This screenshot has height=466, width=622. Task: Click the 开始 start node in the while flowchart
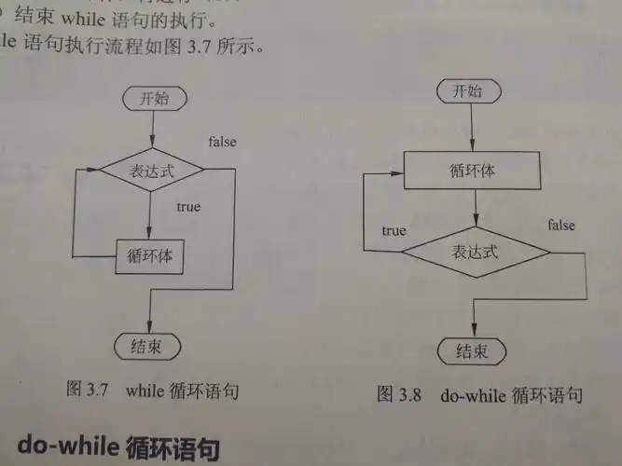(x=155, y=99)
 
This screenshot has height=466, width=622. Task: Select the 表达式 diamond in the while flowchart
(x=151, y=171)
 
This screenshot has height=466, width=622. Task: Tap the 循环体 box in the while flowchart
(x=149, y=256)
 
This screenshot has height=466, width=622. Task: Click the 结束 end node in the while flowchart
(x=147, y=347)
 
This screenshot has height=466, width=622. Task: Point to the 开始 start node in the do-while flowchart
(x=469, y=90)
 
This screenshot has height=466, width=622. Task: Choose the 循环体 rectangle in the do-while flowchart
(x=472, y=171)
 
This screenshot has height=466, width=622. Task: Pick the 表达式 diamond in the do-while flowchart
(x=476, y=252)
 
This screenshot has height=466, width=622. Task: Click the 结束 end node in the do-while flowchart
(x=472, y=351)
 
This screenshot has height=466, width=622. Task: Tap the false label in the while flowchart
(x=223, y=142)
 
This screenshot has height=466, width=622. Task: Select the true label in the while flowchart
(x=188, y=207)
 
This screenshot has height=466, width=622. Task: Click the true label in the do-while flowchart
(x=394, y=230)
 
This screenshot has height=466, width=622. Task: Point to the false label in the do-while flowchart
(x=561, y=225)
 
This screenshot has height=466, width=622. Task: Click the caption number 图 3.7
(x=88, y=389)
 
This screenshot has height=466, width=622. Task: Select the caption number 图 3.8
(x=399, y=394)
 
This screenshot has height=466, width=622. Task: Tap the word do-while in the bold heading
(x=68, y=445)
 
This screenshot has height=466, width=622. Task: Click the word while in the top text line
(x=83, y=19)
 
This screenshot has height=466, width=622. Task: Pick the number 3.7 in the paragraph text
(x=199, y=47)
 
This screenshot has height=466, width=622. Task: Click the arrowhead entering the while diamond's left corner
(x=93, y=170)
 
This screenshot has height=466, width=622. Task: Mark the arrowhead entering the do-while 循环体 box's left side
(x=397, y=173)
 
